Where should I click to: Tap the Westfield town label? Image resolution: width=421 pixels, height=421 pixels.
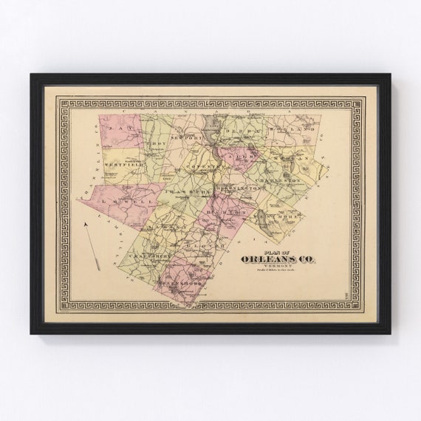point(121,163)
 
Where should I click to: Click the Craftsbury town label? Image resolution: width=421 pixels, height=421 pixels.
point(152,256)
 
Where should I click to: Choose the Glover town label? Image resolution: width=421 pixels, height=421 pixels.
point(218,244)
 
